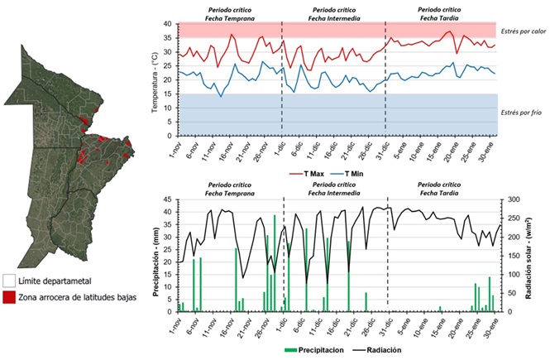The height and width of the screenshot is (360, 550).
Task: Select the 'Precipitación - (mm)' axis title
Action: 155,255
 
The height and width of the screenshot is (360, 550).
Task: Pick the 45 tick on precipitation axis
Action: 167,199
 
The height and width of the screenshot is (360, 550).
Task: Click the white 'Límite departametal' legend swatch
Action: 8,281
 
